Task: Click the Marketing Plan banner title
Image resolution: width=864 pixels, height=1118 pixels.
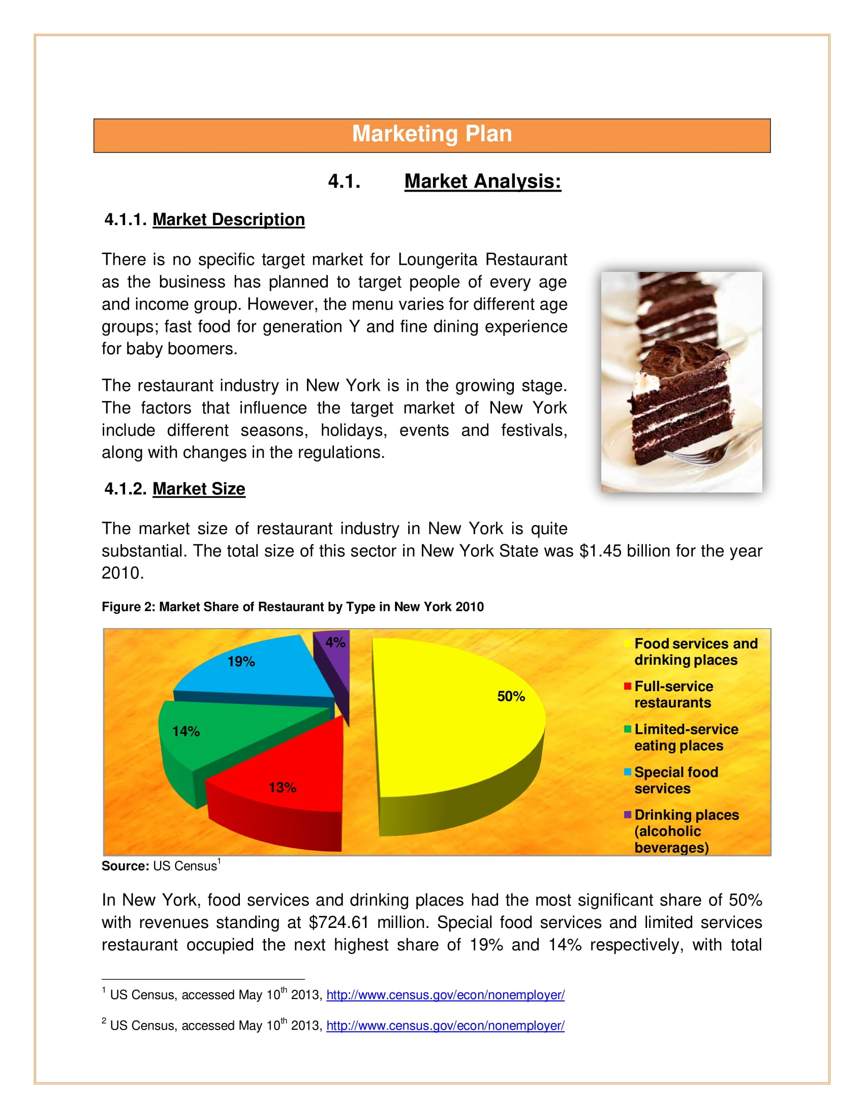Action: [x=431, y=134]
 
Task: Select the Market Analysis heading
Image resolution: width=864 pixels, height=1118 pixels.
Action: [x=482, y=181]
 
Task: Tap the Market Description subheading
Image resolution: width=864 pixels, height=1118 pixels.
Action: [x=228, y=220]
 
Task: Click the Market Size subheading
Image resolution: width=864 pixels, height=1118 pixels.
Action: [x=199, y=489]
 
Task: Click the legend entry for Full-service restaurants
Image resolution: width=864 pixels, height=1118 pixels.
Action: [x=672, y=695]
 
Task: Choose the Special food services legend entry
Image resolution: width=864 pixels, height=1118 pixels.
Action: [x=675, y=780]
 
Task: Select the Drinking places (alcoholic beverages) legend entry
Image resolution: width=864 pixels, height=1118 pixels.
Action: [x=686, y=831]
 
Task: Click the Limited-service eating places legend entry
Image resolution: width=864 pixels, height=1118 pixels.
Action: [x=686, y=737]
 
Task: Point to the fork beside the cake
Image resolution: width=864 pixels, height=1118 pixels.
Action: [x=717, y=450]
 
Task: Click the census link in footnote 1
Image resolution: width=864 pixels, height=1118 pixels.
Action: [x=445, y=995]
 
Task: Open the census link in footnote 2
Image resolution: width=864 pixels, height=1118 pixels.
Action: [x=445, y=1026]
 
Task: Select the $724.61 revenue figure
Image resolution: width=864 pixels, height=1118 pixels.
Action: [x=339, y=922]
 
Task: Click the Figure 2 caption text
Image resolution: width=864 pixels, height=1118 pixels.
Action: [x=292, y=607]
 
